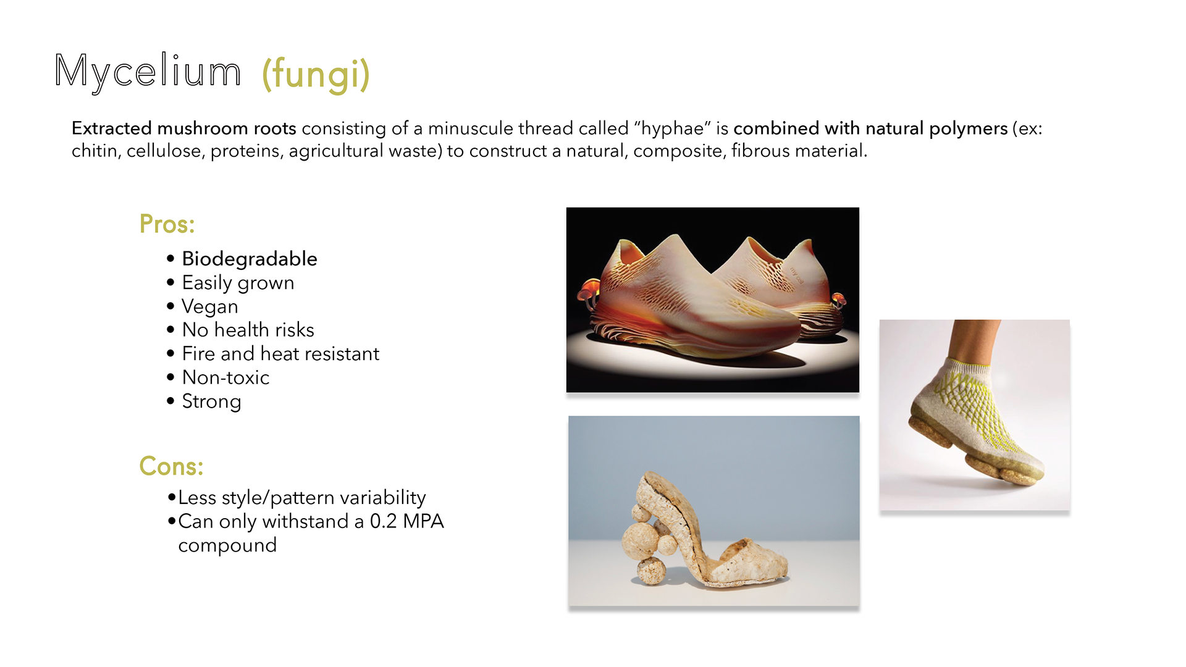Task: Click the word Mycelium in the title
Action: pyautogui.click(x=148, y=72)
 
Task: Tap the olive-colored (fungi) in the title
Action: pyautogui.click(x=316, y=75)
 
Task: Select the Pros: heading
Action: pyautogui.click(x=167, y=224)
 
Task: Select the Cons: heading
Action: pyautogui.click(x=171, y=466)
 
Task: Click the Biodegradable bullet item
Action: pyautogui.click(x=250, y=259)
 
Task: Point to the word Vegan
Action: pyautogui.click(x=210, y=306)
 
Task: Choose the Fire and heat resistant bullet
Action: pyautogui.click(x=280, y=353)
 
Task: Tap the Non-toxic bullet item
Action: pyautogui.click(x=225, y=377)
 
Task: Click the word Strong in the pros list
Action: pyautogui.click(x=211, y=401)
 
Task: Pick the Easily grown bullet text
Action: pyautogui.click(x=238, y=283)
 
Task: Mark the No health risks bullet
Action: pyautogui.click(x=248, y=330)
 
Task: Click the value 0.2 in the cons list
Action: pyautogui.click(x=383, y=521)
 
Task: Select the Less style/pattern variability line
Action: pyautogui.click(x=302, y=498)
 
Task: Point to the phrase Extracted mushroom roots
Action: pyautogui.click(x=184, y=128)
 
